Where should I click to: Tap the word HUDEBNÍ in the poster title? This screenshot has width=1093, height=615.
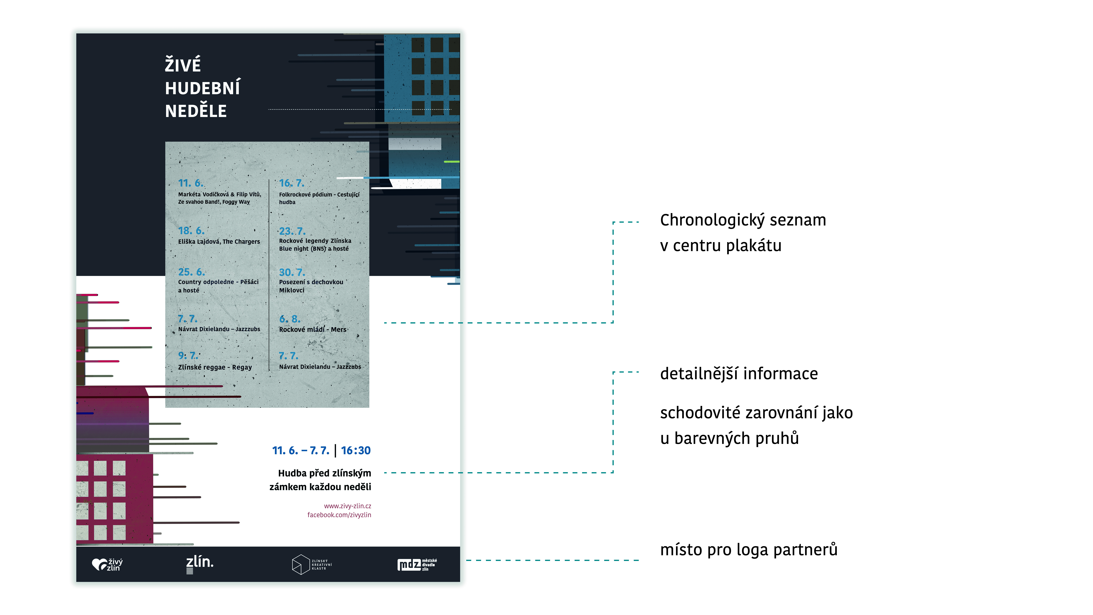click(x=202, y=88)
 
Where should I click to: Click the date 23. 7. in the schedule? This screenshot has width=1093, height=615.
click(x=292, y=231)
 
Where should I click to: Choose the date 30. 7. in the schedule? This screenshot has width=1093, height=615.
click(x=292, y=272)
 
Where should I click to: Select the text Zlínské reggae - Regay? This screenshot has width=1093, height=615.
click(x=215, y=367)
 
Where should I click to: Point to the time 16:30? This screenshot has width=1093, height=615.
click(x=356, y=450)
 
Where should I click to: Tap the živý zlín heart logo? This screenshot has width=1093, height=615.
click(x=107, y=565)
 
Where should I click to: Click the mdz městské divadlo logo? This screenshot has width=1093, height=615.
click(x=417, y=565)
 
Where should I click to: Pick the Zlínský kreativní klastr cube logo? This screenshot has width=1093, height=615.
click(x=311, y=565)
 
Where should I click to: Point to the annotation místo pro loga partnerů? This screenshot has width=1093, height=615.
click(x=748, y=550)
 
